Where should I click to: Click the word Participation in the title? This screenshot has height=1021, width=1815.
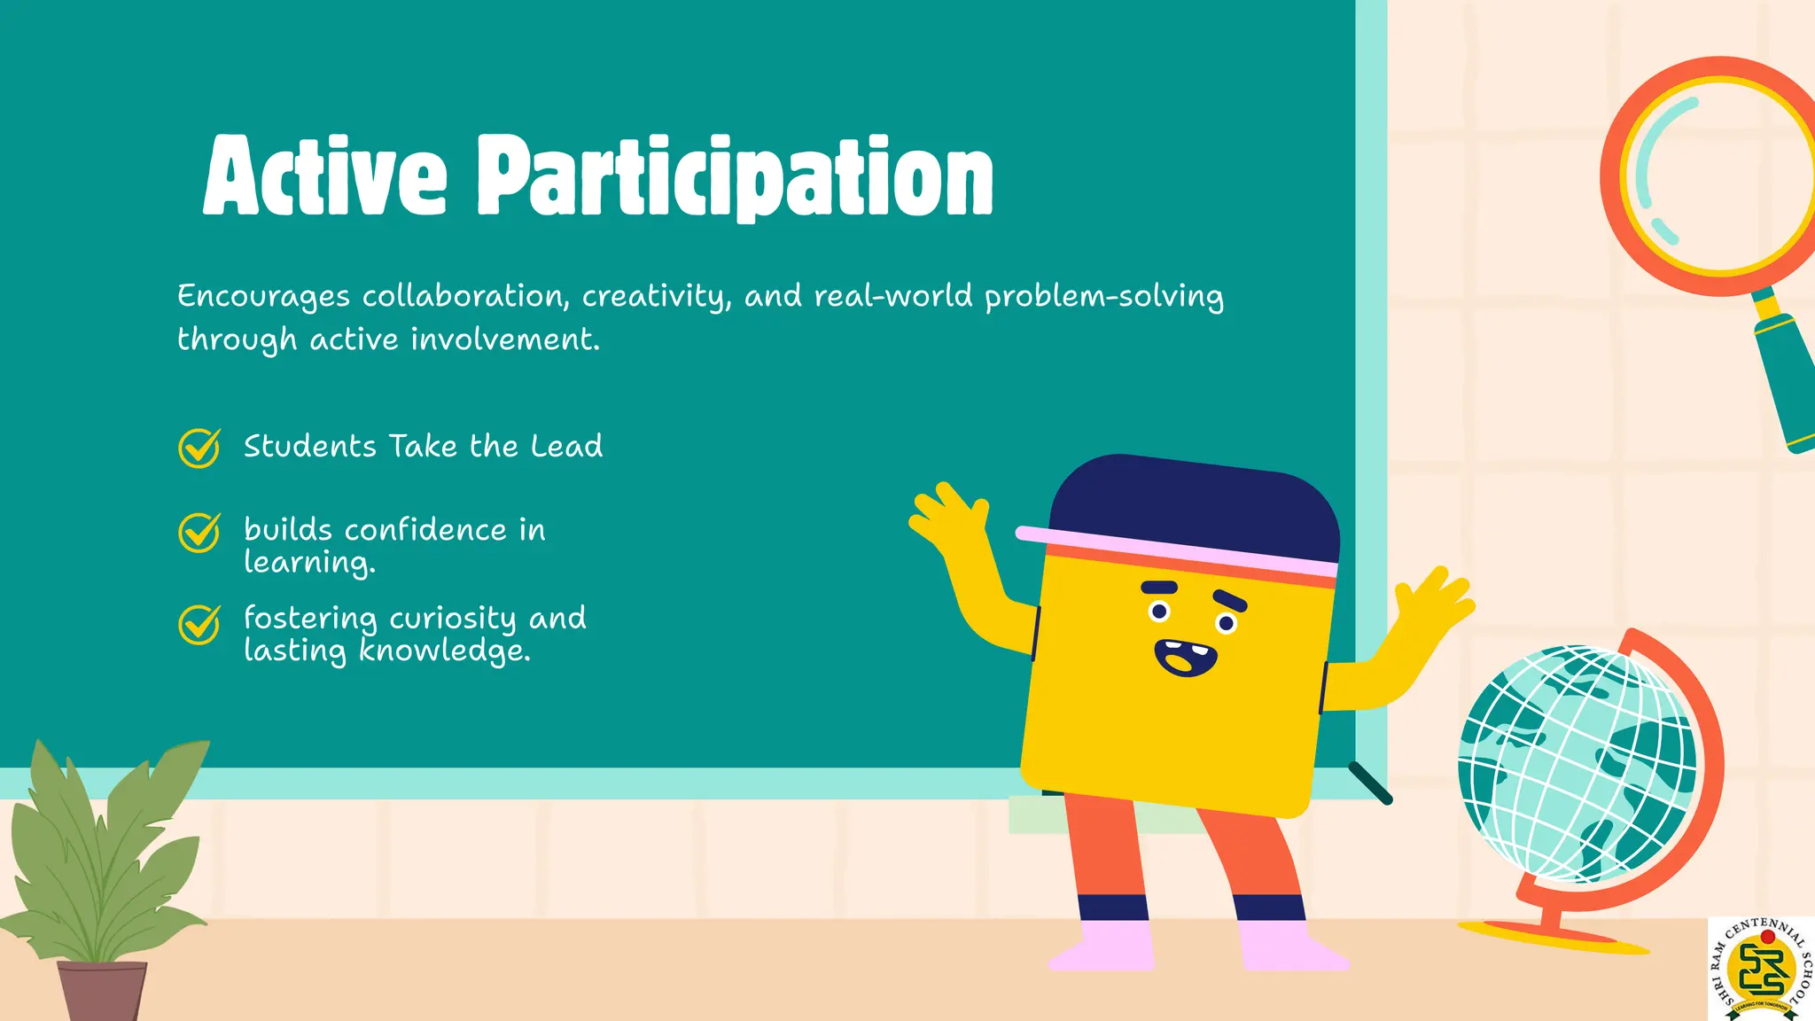(x=736, y=177)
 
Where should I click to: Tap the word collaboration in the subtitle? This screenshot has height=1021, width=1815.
(x=464, y=296)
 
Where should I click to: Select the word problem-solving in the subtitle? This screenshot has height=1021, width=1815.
(x=1103, y=297)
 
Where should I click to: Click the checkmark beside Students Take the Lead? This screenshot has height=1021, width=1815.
(x=199, y=448)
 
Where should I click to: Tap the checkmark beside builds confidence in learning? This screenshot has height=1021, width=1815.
(x=199, y=532)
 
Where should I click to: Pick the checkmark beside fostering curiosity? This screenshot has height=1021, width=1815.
(x=199, y=624)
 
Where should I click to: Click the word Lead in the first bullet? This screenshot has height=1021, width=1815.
(x=566, y=446)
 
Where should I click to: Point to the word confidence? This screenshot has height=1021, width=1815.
(x=425, y=530)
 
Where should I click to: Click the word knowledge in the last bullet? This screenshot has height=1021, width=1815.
(x=443, y=651)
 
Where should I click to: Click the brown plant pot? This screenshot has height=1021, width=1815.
(x=103, y=990)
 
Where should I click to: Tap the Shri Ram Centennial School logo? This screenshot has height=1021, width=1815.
(x=1761, y=969)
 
